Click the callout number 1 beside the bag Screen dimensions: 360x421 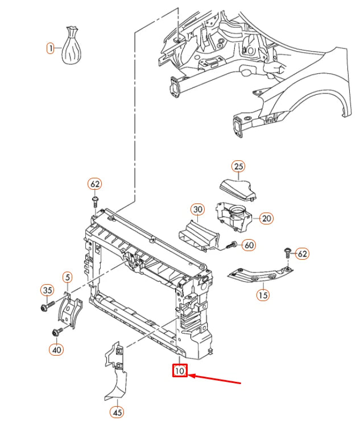[x=50, y=48]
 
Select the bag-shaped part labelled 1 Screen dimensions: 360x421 [x=71, y=45]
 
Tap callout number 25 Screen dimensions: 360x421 [x=238, y=166]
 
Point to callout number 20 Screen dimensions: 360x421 [x=266, y=218]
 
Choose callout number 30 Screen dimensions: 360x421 [x=197, y=210]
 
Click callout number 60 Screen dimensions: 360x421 [x=249, y=245]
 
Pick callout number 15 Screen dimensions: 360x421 [x=263, y=295]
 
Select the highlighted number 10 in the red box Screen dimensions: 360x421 [x=180, y=371]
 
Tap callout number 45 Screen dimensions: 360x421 [x=117, y=412]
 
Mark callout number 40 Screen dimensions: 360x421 [x=56, y=349]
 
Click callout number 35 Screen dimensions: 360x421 [x=47, y=290]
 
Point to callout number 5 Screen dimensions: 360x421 [x=68, y=277]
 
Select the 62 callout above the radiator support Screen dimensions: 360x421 [x=95, y=184]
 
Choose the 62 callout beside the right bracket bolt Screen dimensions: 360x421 [x=302, y=253]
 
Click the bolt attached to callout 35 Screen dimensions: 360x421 [x=47, y=306]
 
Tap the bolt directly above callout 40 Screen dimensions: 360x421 [x=57, y=332]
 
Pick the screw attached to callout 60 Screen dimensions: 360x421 [x=231, y=245]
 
